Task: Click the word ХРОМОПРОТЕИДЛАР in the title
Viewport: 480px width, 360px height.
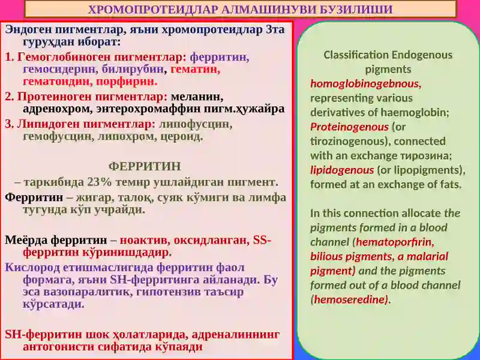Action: [x=152, y=10]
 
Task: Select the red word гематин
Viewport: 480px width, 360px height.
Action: [x=196, y=70]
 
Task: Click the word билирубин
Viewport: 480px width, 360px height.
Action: [x=133, y=70]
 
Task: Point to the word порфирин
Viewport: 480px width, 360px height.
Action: [x=127, y=82]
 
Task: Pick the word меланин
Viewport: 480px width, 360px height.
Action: [x=197, y=97]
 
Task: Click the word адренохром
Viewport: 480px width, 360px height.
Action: [x=58, y=109]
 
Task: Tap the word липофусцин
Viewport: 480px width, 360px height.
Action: [x=196, y=124]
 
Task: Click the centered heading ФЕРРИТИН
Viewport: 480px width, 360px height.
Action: [x=145, y=167]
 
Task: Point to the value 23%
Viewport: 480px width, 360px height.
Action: [x=99, y=182]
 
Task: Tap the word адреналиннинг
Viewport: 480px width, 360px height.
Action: [x=235, y=335]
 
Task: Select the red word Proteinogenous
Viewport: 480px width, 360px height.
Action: [x=349, y=127]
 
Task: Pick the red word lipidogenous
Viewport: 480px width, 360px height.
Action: [x=342, y=170]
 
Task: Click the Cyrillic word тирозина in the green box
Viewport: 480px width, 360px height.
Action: [x=426, y=156]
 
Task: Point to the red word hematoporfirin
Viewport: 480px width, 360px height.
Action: [x=395, y=242]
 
